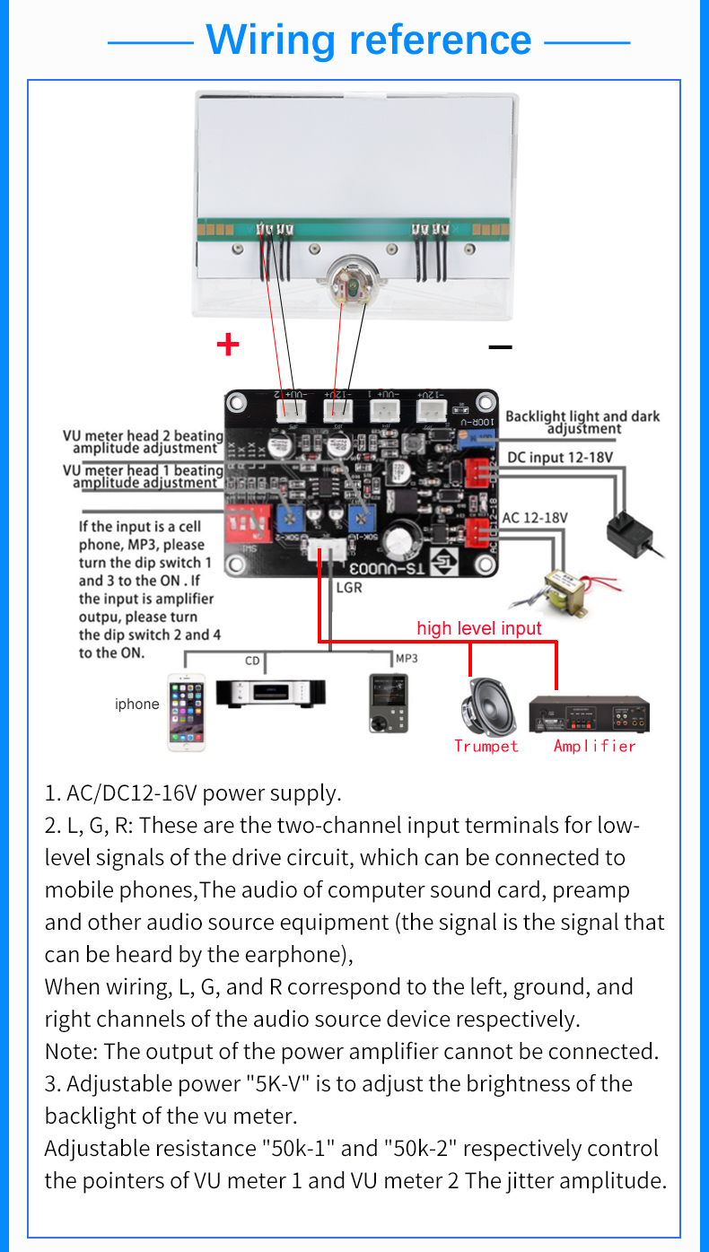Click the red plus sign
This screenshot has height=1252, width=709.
coord(228,345)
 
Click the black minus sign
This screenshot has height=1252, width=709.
coord(500,346)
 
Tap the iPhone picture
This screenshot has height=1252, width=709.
coord(186,713)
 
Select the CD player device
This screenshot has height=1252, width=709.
coord(270,693)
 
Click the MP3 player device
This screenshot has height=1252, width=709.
coord(389,705)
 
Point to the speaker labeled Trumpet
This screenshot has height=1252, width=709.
coord(486,705)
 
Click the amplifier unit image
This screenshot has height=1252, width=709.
coord(589,714)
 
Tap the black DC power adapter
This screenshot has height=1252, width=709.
coord(632,533)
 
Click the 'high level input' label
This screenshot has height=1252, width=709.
coord(479,628)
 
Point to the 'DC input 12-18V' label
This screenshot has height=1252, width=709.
coord(560,458)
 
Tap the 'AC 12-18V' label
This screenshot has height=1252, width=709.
coord(535,518)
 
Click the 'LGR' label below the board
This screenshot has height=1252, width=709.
coord(349,589)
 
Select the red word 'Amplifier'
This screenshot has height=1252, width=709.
coord(594,746)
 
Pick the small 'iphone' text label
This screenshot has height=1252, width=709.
coord(136,705)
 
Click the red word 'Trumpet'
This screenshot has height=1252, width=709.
coord(486,746)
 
